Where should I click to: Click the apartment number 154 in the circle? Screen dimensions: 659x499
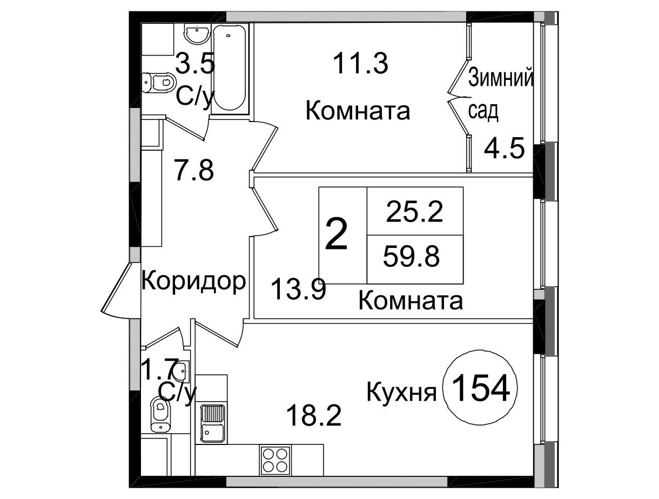pyautogui.click(x=480, y=389)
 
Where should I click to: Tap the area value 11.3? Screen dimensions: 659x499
pyautogui.click(x=361, y=63)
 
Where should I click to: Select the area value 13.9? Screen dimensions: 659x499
pyautogui.click(x=298, y=289)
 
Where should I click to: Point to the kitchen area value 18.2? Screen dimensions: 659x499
pyautogui.click(x=314, y=415)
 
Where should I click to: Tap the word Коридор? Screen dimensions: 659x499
pyautogui.click(x=193, y=282)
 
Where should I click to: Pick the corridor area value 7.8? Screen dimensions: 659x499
pyautogui.click(x=194, y=170)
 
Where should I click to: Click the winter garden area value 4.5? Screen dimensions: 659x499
pyautogui.click(x=505, y=147)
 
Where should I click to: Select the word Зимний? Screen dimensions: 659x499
pyautogui.click(x=501, y=77)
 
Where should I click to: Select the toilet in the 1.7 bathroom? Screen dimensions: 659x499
pyautogui.click(x=160, y=414)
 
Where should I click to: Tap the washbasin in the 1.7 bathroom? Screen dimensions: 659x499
pyautogui.click(x=182, y=371)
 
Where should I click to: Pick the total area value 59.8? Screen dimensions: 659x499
pyautogui.click(x=412, y=256)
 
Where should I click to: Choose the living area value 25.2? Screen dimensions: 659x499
pyautogui.click(x=415, y=212)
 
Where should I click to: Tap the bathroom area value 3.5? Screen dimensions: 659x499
pyautogui.click(x=195, y=63)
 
